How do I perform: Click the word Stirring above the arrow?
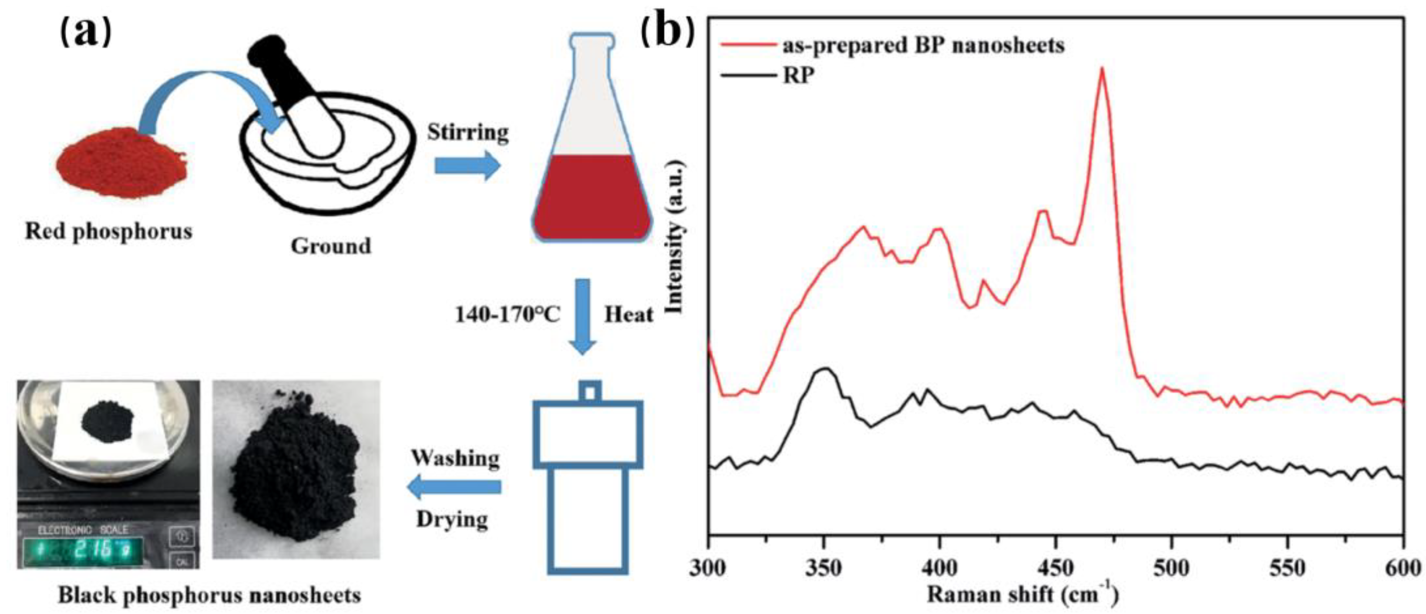468,133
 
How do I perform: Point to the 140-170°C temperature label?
507,315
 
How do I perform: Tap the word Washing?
455,459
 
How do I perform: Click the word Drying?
452,520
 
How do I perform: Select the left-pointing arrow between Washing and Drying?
454,487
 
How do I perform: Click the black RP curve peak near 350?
825,369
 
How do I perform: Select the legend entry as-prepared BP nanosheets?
923,45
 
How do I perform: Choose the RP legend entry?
798,75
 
